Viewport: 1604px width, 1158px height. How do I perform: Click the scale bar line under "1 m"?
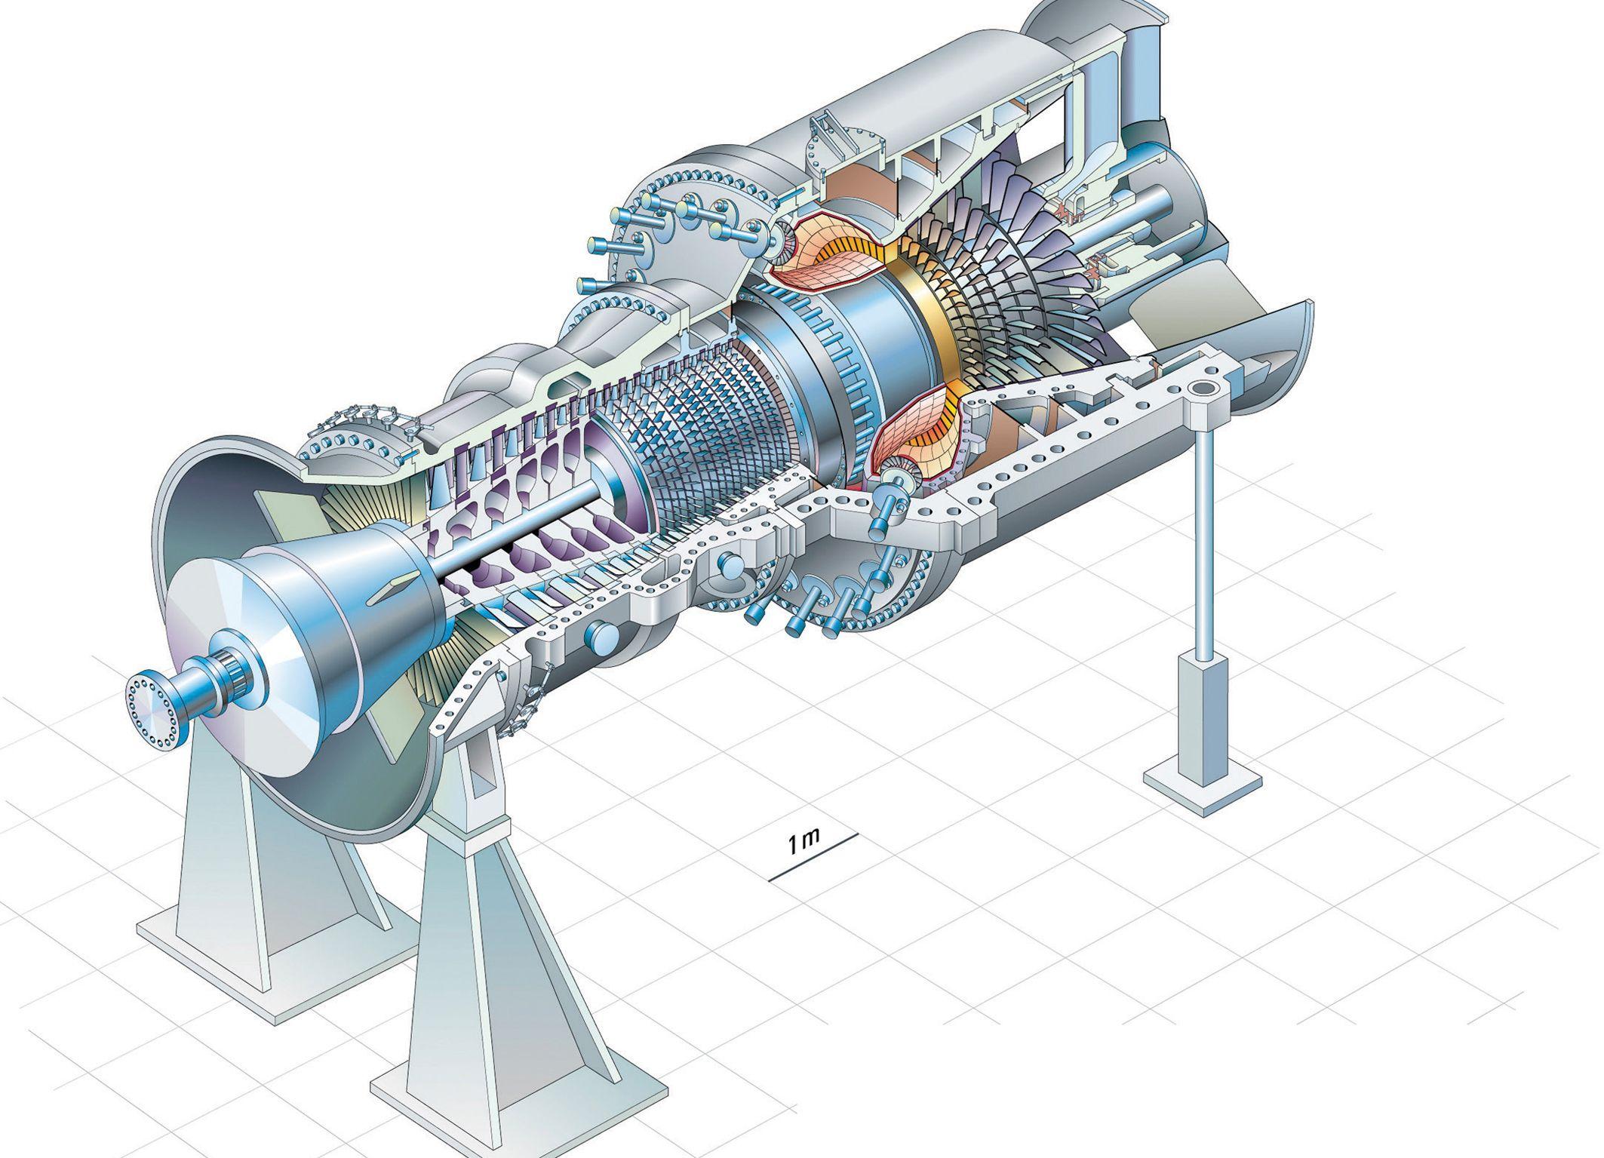pyautogui.click(x=813, y=857)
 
